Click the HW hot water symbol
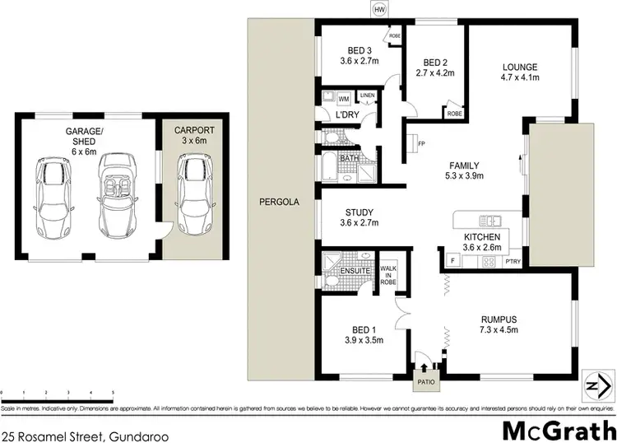(378, 9)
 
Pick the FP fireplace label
(420, 143)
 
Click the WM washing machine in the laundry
(345, 100)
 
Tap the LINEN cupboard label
(367, 96)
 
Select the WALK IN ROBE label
(387, 273)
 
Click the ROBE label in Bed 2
(453, 113)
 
